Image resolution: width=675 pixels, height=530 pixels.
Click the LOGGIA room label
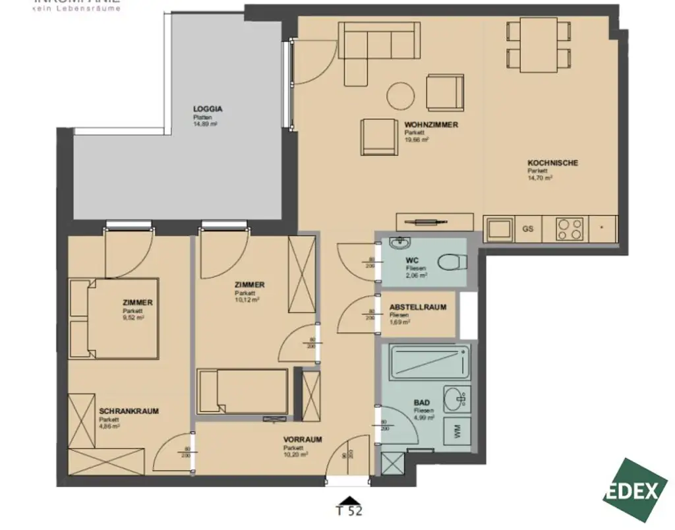208,109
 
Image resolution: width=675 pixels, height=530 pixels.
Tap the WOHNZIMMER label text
431,125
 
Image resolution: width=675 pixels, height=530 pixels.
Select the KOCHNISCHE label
552,163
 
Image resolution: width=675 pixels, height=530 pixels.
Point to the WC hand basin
401,243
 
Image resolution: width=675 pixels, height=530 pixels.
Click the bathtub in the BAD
430,362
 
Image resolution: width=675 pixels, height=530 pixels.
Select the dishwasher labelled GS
527,229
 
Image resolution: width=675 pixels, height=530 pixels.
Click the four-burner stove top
570,229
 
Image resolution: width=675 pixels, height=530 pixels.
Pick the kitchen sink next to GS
498,229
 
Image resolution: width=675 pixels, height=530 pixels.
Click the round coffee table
400,96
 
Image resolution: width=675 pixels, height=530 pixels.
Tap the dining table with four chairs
539,44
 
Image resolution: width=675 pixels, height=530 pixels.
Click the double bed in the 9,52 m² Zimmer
123,318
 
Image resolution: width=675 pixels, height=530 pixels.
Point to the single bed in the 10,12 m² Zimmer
243,392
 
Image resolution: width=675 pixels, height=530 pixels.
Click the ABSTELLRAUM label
418,307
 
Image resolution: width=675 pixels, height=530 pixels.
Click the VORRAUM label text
303,439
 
